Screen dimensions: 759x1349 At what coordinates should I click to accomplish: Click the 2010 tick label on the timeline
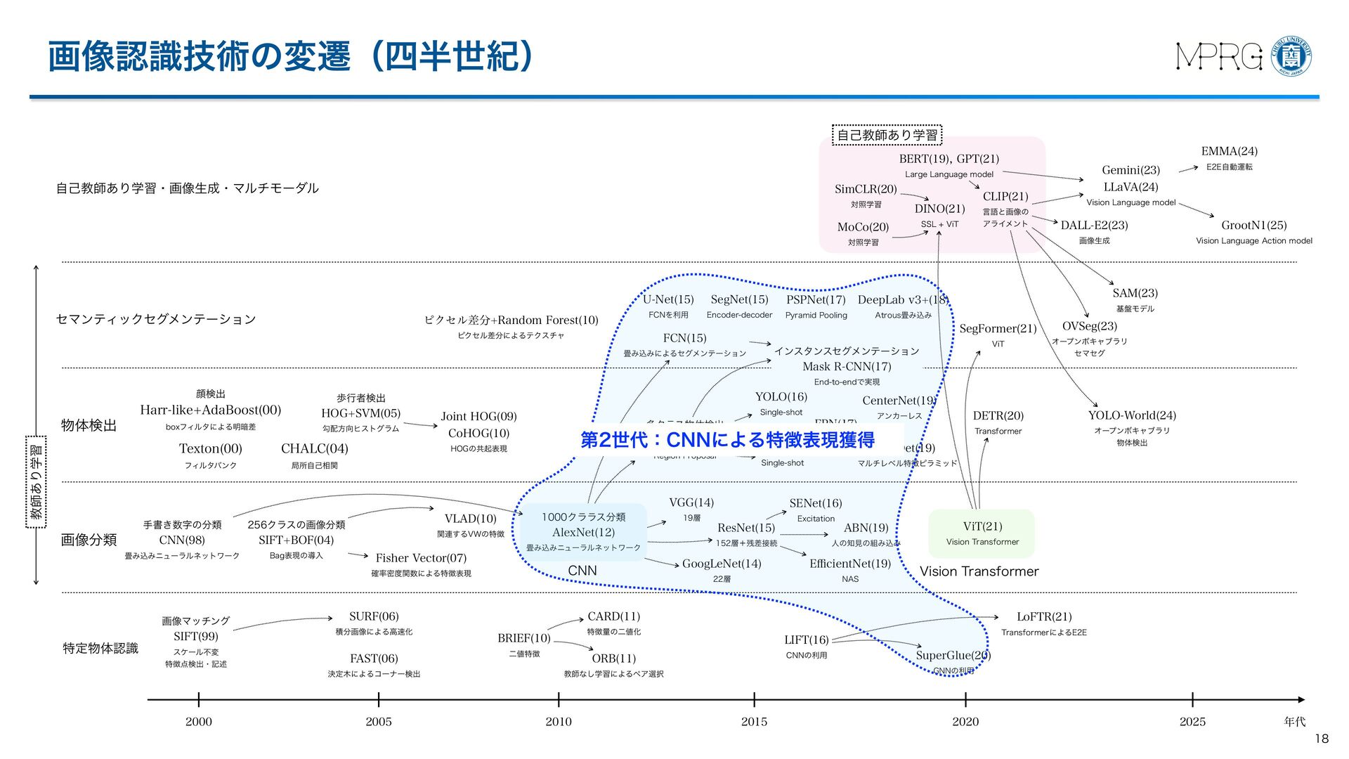coord(559,722)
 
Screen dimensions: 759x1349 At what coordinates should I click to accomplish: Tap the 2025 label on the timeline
coord(1192,722)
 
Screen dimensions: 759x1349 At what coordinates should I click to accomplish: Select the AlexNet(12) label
coord(583,533)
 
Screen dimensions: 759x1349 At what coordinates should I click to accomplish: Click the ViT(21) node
coord(982,527)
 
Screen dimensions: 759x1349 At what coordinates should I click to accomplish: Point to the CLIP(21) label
coord(1005,197)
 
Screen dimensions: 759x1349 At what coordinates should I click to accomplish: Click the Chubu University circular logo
coord(1292,56)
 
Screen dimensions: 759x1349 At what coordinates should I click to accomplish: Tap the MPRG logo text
coord(1219,56)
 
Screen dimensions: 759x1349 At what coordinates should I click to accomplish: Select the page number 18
coord(1322,739)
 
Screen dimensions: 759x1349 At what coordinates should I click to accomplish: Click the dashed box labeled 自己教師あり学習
coord(887,135)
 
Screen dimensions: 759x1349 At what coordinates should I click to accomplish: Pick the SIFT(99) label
coord(196,637)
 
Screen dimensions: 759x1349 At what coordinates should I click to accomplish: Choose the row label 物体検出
coord(89,426)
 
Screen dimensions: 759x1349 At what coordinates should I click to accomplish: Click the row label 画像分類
coord(89,540)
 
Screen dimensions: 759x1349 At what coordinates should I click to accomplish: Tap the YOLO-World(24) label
coord(1132,415)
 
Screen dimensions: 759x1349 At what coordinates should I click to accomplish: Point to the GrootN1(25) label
coord(1254,226)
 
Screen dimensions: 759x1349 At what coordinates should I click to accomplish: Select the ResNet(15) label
coord(746,528)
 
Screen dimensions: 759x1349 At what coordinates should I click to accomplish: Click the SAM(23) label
coord(1135,293)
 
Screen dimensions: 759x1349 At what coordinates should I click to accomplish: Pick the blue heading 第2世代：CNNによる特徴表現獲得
coord(727,440)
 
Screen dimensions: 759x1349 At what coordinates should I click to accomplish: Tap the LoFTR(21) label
coord(1044,617)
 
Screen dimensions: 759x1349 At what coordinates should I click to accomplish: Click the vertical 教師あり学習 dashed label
coord(36,481)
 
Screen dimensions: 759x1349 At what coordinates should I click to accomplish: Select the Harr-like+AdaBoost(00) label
coord(211,410)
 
